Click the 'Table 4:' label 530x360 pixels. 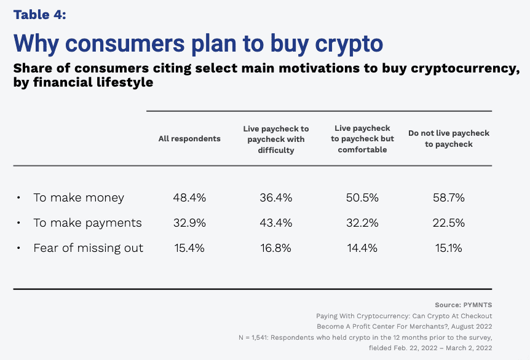click(39, 15)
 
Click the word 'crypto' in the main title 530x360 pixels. click(349, 44)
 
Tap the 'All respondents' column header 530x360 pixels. click(189, 139)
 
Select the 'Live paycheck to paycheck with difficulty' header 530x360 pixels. click(276, 139)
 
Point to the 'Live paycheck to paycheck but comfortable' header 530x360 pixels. click(362, 139)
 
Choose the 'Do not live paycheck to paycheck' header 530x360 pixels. click(449, 139)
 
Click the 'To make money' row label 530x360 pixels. click(79, 198)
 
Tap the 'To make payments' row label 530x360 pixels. click(87, 223)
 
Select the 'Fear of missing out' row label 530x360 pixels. click(88, 248)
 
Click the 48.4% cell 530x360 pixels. click(189, 198)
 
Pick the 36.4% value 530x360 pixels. click(276, 198)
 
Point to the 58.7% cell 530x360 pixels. click(449, 198)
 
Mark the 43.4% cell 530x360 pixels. click(276, 223)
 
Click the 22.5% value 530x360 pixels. click(449, 223)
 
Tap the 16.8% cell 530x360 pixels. click(276, 248)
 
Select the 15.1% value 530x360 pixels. click(449, 248)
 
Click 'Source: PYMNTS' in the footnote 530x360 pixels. click(464, 305)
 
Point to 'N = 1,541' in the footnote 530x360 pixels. click(253, 337)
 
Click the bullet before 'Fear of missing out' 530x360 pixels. click(18, 248)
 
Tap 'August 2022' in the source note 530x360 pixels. click(472, 327)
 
